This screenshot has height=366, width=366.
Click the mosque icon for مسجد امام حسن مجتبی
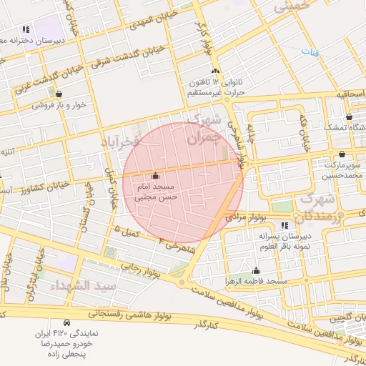[156, 176]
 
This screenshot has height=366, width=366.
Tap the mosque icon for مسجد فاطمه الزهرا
[256, 270]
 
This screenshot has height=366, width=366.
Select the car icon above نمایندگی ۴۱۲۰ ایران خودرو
[66, 322]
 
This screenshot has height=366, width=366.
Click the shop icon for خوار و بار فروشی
[59, 94]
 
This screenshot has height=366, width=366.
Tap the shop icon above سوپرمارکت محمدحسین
[342, 154]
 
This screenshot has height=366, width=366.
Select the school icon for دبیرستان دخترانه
[26, 29]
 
